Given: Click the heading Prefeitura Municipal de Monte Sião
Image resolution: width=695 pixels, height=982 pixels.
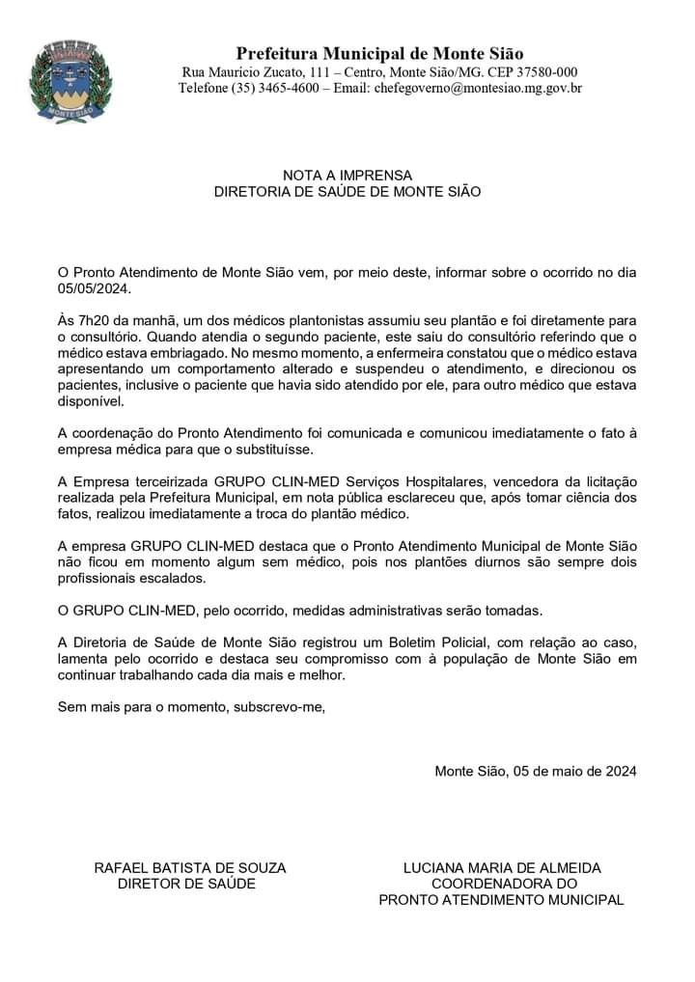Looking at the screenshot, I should pyautogui.click(x=380, y=53).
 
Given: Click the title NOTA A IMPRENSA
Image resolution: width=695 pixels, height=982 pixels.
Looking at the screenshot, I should pyautogui.click(x=347, y=176).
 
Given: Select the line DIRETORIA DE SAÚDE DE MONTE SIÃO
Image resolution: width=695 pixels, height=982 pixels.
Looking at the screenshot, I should pyautogui.click(x=347, y=192).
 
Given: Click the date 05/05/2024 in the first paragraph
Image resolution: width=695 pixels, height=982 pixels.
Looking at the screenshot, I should pyautogui.click(x=93, y=288).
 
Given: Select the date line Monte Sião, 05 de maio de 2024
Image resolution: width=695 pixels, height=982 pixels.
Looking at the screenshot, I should pyautogui.click(x=536, y=771).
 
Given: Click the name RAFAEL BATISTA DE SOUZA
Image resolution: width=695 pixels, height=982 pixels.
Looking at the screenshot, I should pyautogui.click(x=190, y=867).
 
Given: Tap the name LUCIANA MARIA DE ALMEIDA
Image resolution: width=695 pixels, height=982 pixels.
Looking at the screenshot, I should pyautogui.click(x=502, y=867).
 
